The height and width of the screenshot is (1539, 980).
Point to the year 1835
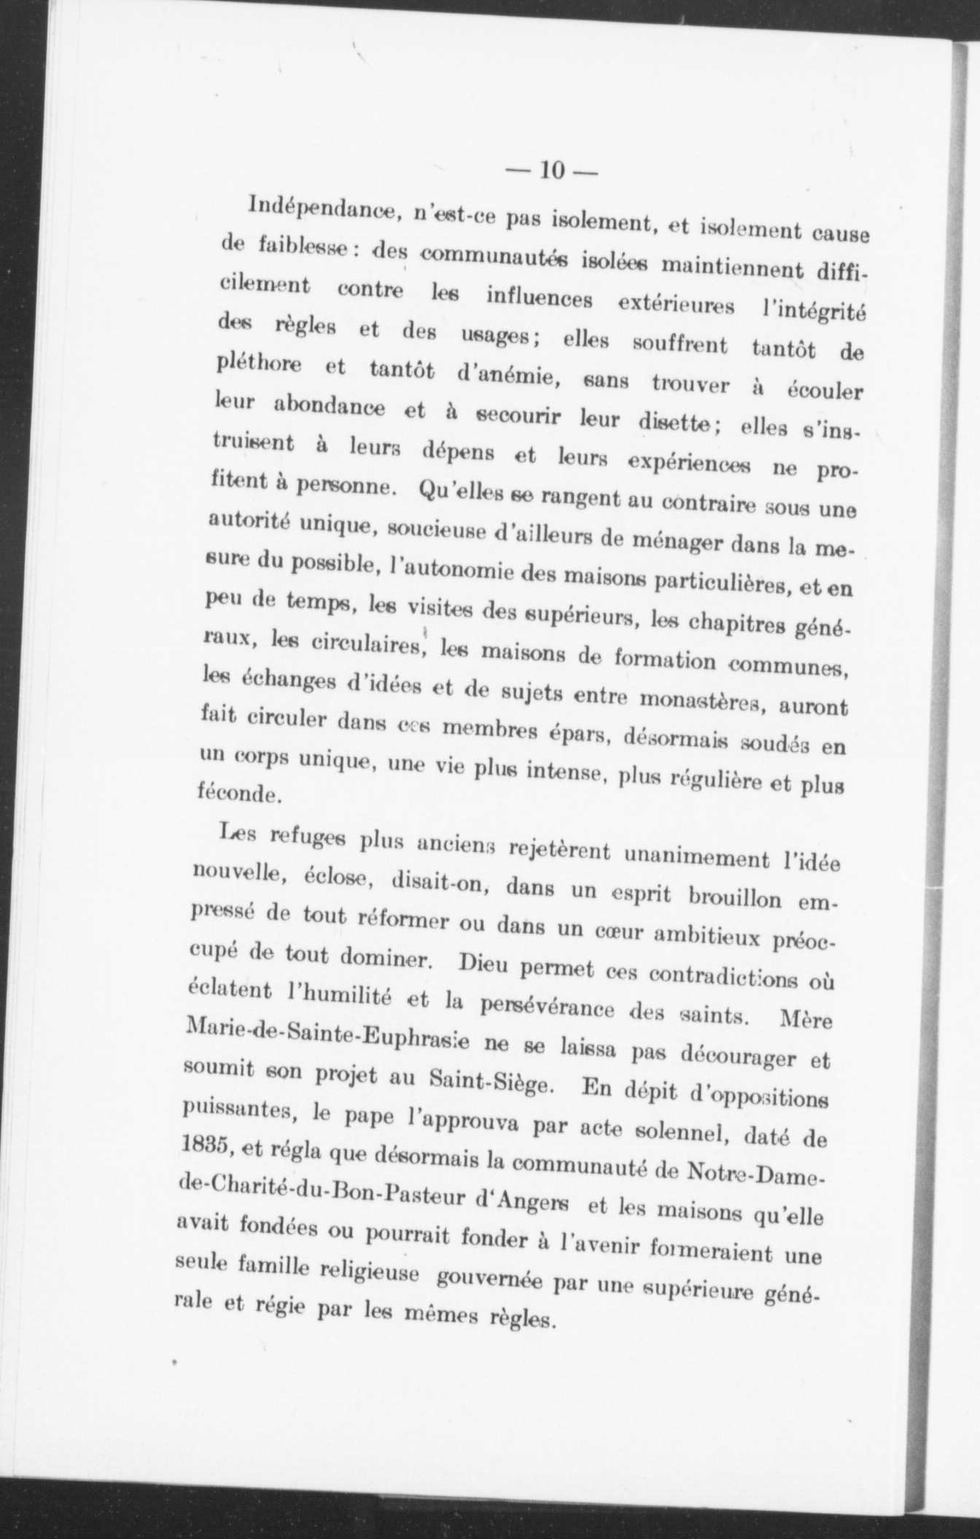(203, 1146)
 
